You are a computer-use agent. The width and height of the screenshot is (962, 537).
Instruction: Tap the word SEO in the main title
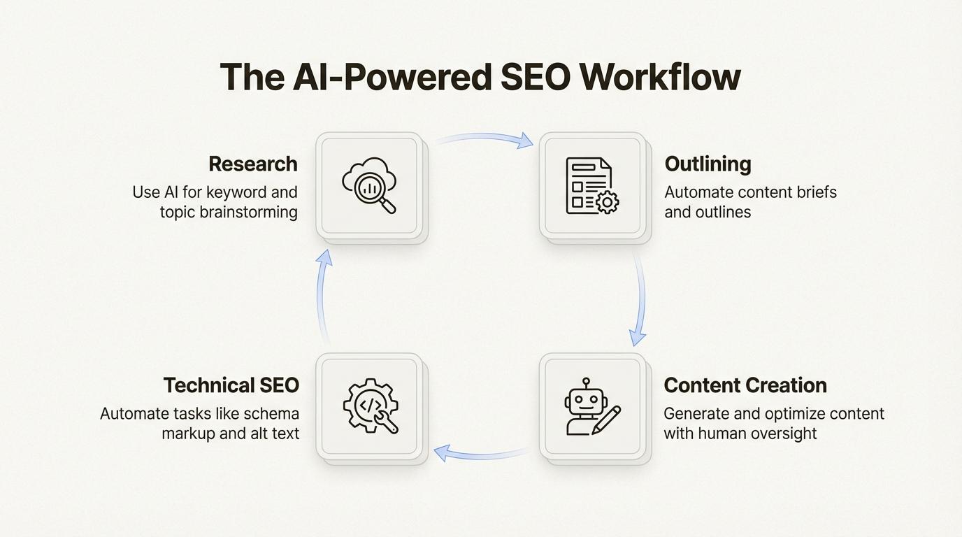point(535,77)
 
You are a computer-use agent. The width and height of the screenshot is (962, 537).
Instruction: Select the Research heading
point(253,164)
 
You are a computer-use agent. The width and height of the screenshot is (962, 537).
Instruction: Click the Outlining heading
point(708,164)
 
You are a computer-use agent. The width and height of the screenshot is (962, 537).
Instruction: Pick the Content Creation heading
point(745,385)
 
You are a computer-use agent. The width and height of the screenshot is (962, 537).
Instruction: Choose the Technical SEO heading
point(231,385)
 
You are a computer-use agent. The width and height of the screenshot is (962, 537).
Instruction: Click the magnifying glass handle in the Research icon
point(388,206)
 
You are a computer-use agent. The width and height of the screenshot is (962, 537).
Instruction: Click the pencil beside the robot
point(606,420)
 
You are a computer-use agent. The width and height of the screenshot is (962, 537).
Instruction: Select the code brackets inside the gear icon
point(369,405)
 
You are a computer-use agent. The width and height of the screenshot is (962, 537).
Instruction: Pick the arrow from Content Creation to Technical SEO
point(481,454)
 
